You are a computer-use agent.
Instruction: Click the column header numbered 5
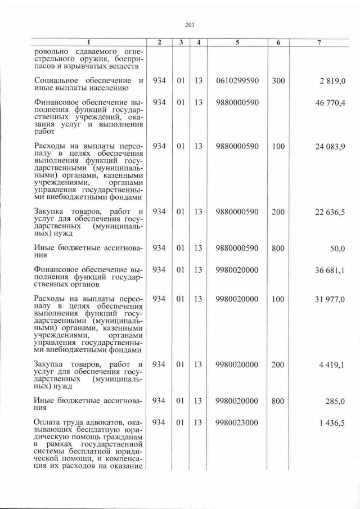(x=237, y=42)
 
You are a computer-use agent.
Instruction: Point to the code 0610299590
(x=237, y=81)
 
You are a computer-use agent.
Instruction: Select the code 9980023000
(x=237, y=423)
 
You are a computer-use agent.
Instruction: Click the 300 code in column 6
(x=278, y=81)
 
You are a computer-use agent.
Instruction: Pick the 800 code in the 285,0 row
(x=278, y=401)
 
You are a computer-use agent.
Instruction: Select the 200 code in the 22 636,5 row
(x=278, y=212)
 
